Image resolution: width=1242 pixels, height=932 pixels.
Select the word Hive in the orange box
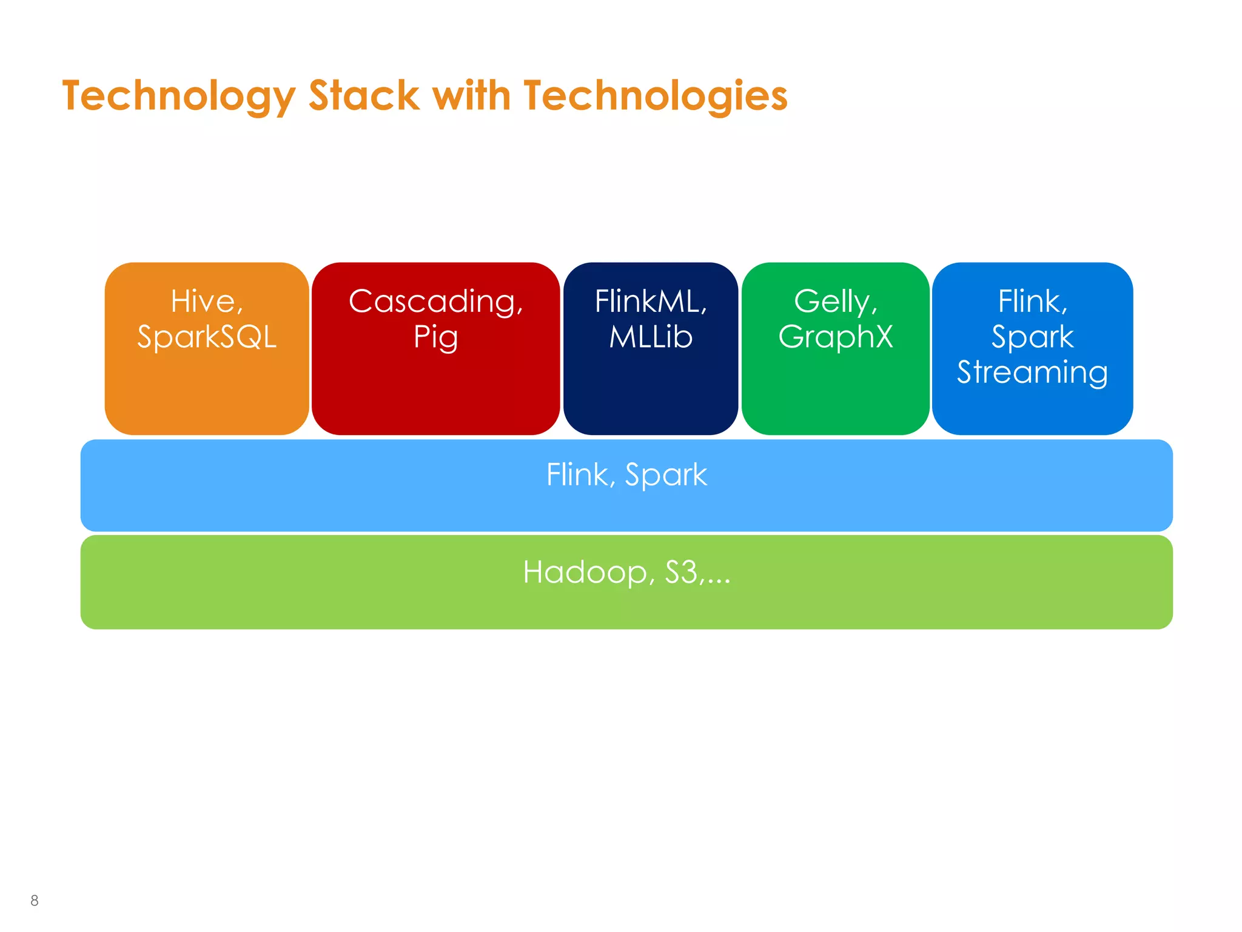click(204, 302)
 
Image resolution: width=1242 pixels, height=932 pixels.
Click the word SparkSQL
click(207, 337)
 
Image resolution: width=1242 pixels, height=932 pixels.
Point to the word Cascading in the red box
click(433, 302)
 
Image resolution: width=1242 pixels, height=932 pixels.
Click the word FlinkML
click(648, 302)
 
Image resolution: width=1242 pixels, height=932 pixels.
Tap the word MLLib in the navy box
click(651, 337)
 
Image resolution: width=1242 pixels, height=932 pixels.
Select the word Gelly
click(833, 302)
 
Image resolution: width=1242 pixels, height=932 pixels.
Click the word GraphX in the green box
click(836, 337)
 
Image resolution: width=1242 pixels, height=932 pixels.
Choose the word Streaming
click(1032, 373)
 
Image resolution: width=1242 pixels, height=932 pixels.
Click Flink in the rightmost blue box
click(1029, 302)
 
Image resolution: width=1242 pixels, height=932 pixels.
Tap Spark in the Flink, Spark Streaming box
click(1032, 337)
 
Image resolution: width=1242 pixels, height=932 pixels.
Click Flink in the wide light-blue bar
click(578, 474)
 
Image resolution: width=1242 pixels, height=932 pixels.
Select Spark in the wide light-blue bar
click(666, 475)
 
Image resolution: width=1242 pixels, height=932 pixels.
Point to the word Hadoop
click(585, 572)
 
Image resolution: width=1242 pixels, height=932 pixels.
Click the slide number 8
click(35, 900)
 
